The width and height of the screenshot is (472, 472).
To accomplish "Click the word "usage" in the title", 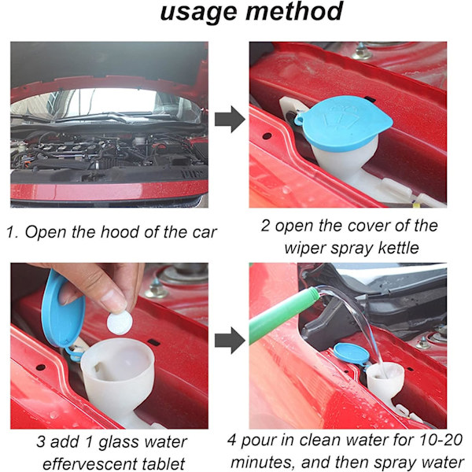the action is (199, 12).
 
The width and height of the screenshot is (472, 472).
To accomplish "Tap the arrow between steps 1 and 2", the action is (230, 120).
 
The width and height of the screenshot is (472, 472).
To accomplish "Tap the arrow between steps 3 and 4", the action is (230, 341).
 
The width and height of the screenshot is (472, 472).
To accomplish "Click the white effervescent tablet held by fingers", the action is (120, 323).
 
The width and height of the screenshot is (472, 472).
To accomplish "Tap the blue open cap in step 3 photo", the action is (61, 310).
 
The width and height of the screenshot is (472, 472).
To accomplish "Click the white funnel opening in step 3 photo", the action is (118, 360).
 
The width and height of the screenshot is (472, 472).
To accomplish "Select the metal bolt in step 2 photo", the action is (360, 52).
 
